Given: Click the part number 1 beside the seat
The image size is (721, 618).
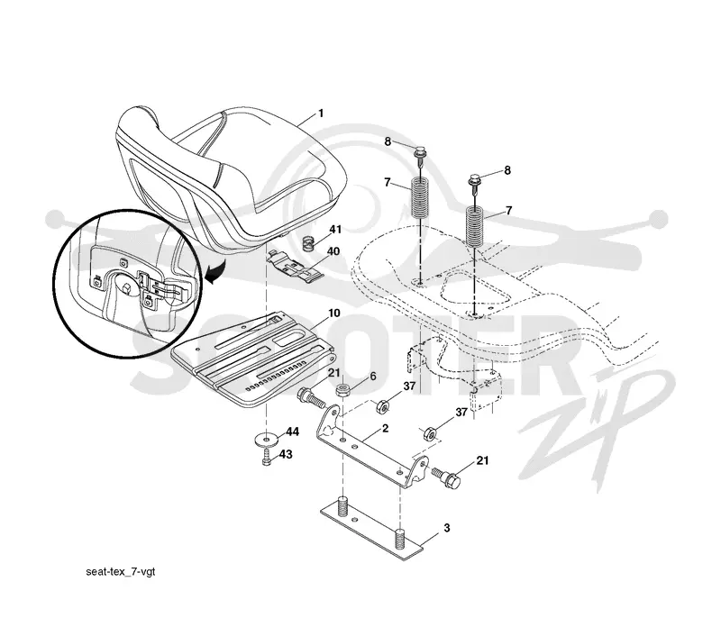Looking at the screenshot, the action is [321, 113].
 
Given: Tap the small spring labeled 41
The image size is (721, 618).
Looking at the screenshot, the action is [310, 242].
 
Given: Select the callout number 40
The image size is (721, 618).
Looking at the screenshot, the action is [333, 251].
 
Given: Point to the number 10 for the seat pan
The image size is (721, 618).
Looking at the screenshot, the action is [333, 313].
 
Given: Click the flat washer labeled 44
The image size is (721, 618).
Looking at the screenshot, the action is [266, 439].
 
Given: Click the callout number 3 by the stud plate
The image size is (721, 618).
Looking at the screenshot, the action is [446, 528].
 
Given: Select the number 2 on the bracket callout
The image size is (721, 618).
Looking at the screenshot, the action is [386, 428].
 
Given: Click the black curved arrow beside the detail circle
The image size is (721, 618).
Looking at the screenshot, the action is [214, 272].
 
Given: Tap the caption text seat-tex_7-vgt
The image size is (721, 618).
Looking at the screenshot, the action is [121, 571].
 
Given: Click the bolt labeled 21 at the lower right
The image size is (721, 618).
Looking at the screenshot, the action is [446, 477].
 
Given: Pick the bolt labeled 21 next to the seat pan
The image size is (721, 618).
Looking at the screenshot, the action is [312, 398].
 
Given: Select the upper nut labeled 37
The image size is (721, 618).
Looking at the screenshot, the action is [382, 406].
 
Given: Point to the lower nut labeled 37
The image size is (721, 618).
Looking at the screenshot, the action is [430, 432].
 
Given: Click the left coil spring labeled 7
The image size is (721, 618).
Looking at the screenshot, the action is [419, 197].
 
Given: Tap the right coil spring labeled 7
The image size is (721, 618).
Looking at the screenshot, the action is [475, 227].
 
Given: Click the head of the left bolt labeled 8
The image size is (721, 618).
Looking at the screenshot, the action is [420, 150].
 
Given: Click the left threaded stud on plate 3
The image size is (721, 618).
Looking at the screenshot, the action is [342, 506].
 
